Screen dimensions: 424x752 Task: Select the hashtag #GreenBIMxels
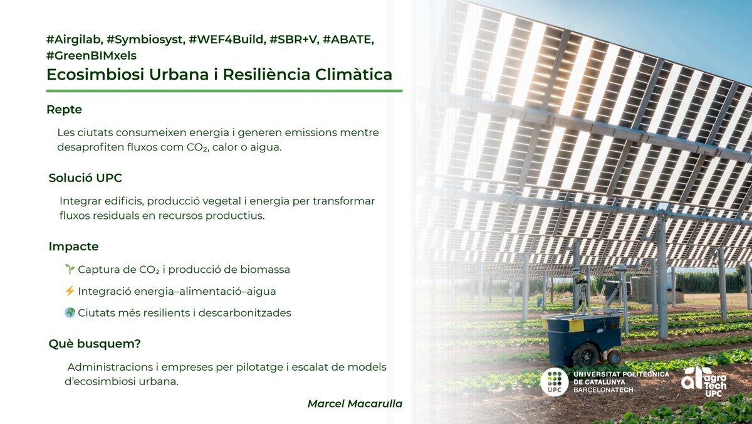coord(91,55)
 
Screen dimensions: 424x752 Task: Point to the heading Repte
coord(64,110)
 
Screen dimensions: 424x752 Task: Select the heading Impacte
coord(73,246)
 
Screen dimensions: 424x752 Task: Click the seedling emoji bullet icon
coord(70,269)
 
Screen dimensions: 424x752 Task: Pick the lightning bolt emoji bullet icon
coord(70,291)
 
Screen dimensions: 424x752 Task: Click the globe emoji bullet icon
coord(70,312)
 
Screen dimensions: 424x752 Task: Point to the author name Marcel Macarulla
coord(354,403)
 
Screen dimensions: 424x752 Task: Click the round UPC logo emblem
coord(554,382)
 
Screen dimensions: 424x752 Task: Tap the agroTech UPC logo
coord(705,381)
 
